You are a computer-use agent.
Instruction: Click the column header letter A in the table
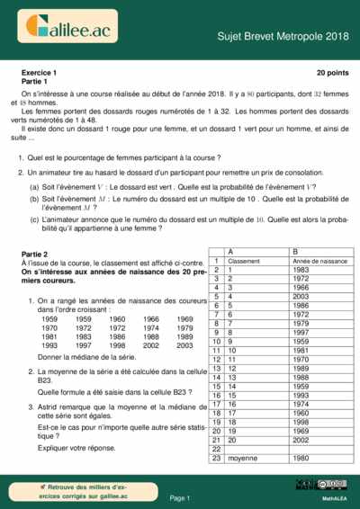coord(233,251)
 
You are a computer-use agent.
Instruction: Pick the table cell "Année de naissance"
coord(319,260)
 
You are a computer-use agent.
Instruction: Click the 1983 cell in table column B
coord(301,269)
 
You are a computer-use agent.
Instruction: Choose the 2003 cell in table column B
coord(301,296)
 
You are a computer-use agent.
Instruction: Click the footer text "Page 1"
coord(179,496)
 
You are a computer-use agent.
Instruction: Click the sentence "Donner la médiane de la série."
coord(81,357)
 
